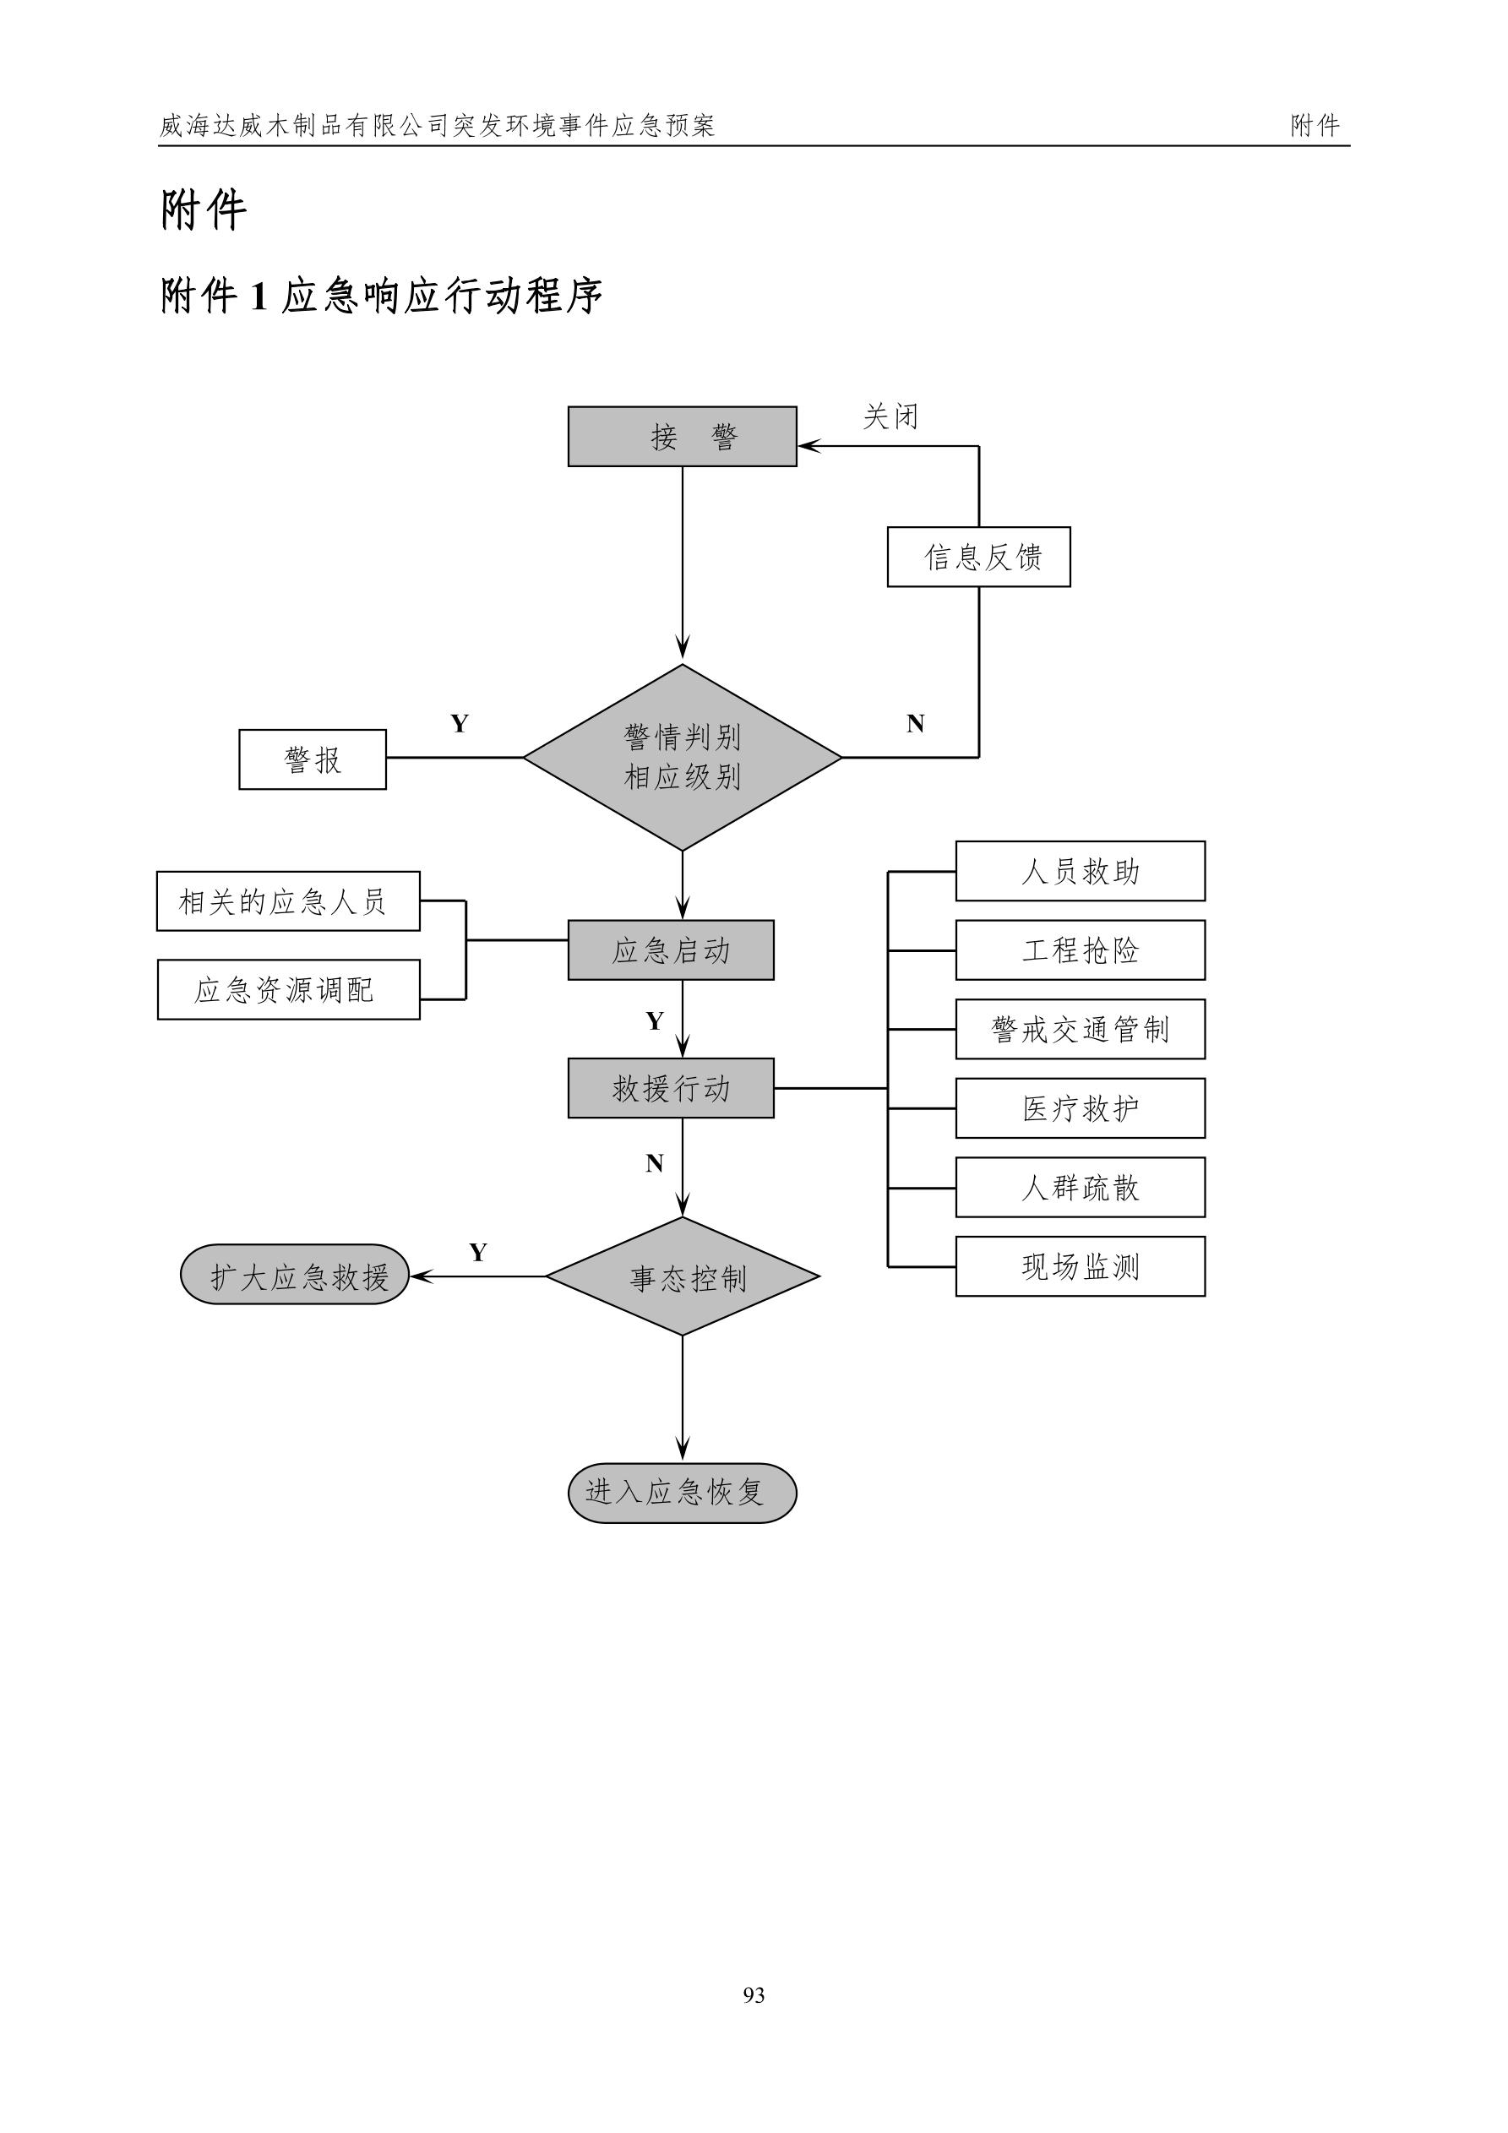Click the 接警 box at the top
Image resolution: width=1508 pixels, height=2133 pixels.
682,437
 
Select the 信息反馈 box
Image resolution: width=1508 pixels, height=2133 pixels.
978,558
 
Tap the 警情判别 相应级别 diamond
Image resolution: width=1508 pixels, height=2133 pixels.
682,757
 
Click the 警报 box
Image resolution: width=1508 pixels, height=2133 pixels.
313,760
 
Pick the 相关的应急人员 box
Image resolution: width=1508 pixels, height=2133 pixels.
288,901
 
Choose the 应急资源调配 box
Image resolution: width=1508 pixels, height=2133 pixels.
288,990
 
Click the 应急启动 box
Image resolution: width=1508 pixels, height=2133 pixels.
671,950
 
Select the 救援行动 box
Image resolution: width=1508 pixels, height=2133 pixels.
671,1088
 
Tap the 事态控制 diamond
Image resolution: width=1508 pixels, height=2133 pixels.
683,1277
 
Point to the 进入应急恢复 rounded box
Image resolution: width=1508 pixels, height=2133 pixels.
682,1493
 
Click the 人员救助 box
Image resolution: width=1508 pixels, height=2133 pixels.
1080,872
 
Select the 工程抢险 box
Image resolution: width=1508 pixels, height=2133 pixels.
1080,950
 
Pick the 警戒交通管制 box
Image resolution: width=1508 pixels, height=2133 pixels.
1080,1030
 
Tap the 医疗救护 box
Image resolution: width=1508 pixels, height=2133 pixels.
1080,1108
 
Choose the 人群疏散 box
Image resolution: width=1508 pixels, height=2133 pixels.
1080,1187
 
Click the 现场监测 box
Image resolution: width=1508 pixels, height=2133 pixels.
1080,1266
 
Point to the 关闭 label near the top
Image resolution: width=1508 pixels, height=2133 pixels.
890,416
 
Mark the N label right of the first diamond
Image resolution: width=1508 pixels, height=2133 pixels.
915,724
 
